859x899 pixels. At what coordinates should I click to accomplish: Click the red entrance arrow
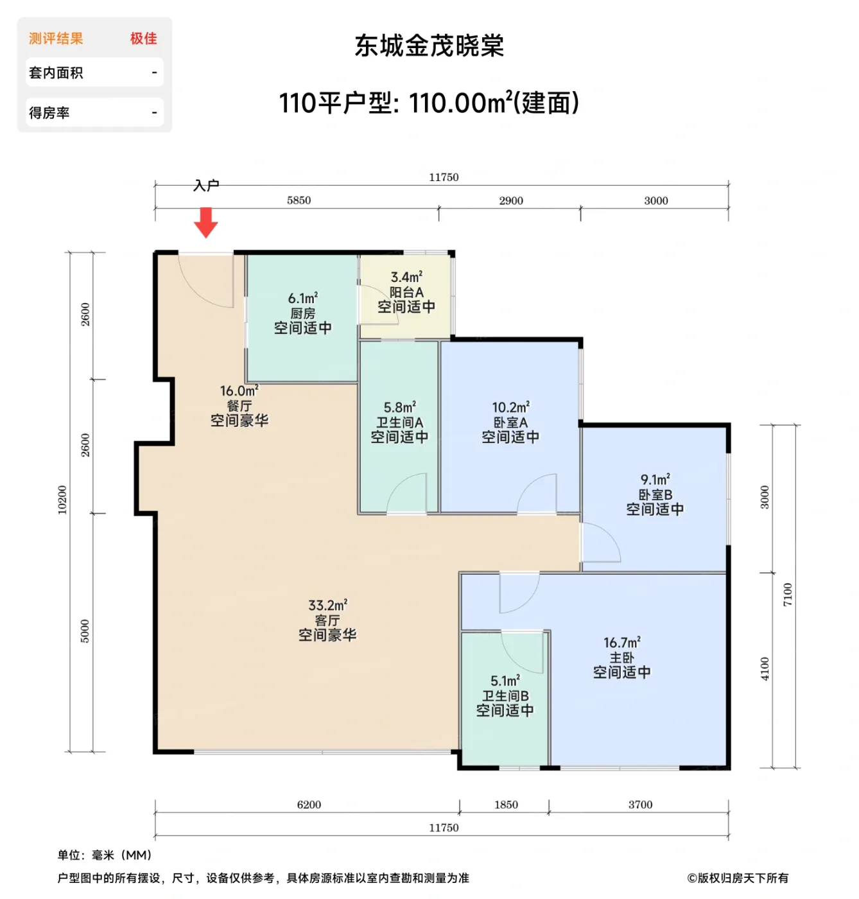(x=206, y=222)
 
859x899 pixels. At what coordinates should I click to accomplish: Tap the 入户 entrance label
(x=206, y=186)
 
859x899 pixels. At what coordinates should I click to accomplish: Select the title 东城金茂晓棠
(x=429, y=46)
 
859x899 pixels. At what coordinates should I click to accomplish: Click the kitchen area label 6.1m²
(x=302, y=299)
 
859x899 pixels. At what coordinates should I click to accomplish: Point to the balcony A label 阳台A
(x=406, y=292)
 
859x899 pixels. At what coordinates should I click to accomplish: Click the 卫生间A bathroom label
(x=399, y=423)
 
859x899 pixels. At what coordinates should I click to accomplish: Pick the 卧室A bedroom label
(x=510, y=423)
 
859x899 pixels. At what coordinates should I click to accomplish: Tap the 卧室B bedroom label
(x=655, y=494)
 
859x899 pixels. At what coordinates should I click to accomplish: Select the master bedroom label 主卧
(x=621, y=658)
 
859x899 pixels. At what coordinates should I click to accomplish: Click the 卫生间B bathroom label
(x=505, y=696)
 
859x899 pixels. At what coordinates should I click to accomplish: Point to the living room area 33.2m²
(x=327, y=606)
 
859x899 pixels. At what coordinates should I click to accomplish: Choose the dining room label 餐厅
(x=239, y=406)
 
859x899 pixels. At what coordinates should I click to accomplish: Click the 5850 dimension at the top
(x=299, y=200)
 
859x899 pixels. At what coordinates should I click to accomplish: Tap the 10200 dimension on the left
(x=62, y=500)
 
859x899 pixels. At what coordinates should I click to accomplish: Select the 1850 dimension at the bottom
(x=506, y=805)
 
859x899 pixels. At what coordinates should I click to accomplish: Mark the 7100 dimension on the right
(x=788, y=595)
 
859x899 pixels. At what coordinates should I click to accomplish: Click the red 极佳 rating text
(x=143, y=39)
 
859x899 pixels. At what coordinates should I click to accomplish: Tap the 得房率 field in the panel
(x=49, y=113)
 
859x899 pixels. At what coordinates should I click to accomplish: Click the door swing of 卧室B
(x=600, y=543)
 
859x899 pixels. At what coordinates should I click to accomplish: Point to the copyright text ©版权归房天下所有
(x=737, y=878)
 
